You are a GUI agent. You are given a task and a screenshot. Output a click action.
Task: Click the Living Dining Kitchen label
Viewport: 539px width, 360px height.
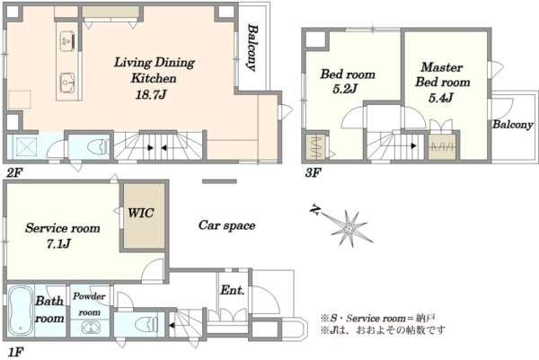click(154, 70)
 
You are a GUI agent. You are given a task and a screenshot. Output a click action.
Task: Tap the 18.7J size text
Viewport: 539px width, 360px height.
click(151, 94)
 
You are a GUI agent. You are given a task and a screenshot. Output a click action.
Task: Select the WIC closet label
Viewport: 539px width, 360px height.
click(141, 213)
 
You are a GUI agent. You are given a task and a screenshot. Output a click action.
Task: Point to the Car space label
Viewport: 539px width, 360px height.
click(227, 225)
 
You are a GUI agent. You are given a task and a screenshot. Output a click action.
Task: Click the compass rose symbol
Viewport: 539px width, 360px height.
click(347, 227)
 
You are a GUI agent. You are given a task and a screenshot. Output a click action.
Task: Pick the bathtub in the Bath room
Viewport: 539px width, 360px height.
click(21, 311)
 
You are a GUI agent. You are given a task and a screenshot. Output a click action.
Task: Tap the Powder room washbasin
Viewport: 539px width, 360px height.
click(91, 327)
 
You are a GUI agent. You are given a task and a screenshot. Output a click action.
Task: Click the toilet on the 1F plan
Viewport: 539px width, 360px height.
click(146, 323)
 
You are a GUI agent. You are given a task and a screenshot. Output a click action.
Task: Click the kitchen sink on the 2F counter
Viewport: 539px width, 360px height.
click(67, 83)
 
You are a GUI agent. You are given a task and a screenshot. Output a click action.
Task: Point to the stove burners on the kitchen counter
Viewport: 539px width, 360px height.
click(67, 41)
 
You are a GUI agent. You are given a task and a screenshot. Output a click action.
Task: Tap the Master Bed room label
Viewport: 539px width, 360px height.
click(442, 75)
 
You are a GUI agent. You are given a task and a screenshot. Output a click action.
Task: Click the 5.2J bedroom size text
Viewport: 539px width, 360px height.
click(346, 89)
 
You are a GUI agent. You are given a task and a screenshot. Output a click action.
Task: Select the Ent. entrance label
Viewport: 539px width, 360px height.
click(233, 290)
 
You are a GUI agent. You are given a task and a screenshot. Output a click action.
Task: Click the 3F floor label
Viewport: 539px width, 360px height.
click(313, 172)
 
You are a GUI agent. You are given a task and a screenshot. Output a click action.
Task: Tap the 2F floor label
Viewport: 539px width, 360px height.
click(14, 172)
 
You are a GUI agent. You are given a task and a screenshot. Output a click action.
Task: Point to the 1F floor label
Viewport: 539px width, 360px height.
click(15, 352)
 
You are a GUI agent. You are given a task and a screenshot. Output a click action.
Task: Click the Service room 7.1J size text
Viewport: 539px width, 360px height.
click(58, 244)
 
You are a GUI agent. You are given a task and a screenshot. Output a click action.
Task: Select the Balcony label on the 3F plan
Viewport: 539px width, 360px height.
click(513, 125)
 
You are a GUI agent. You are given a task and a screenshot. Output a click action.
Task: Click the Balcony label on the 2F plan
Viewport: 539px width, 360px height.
click(252, 48)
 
